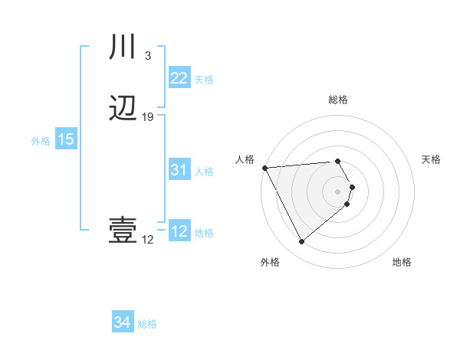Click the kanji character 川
pos(123,47)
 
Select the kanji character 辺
pos(123,109)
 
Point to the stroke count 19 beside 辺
pos(148,117)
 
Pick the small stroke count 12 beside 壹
pos(147,240)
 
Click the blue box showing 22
pos(179,78)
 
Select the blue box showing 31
pos(179,171)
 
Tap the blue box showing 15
pos(65,139)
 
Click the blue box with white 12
pos(179,231)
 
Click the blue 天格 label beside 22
pos(204,80)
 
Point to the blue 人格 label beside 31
pos(204,172)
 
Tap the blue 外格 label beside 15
pos(41,141)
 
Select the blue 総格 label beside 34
pos(147,324)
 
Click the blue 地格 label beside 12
pos(204,233)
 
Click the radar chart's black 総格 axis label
pos(338,100)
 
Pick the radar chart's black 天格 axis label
pos(432,159)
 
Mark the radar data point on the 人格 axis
pos(264,168)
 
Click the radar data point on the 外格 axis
pos(301,242)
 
